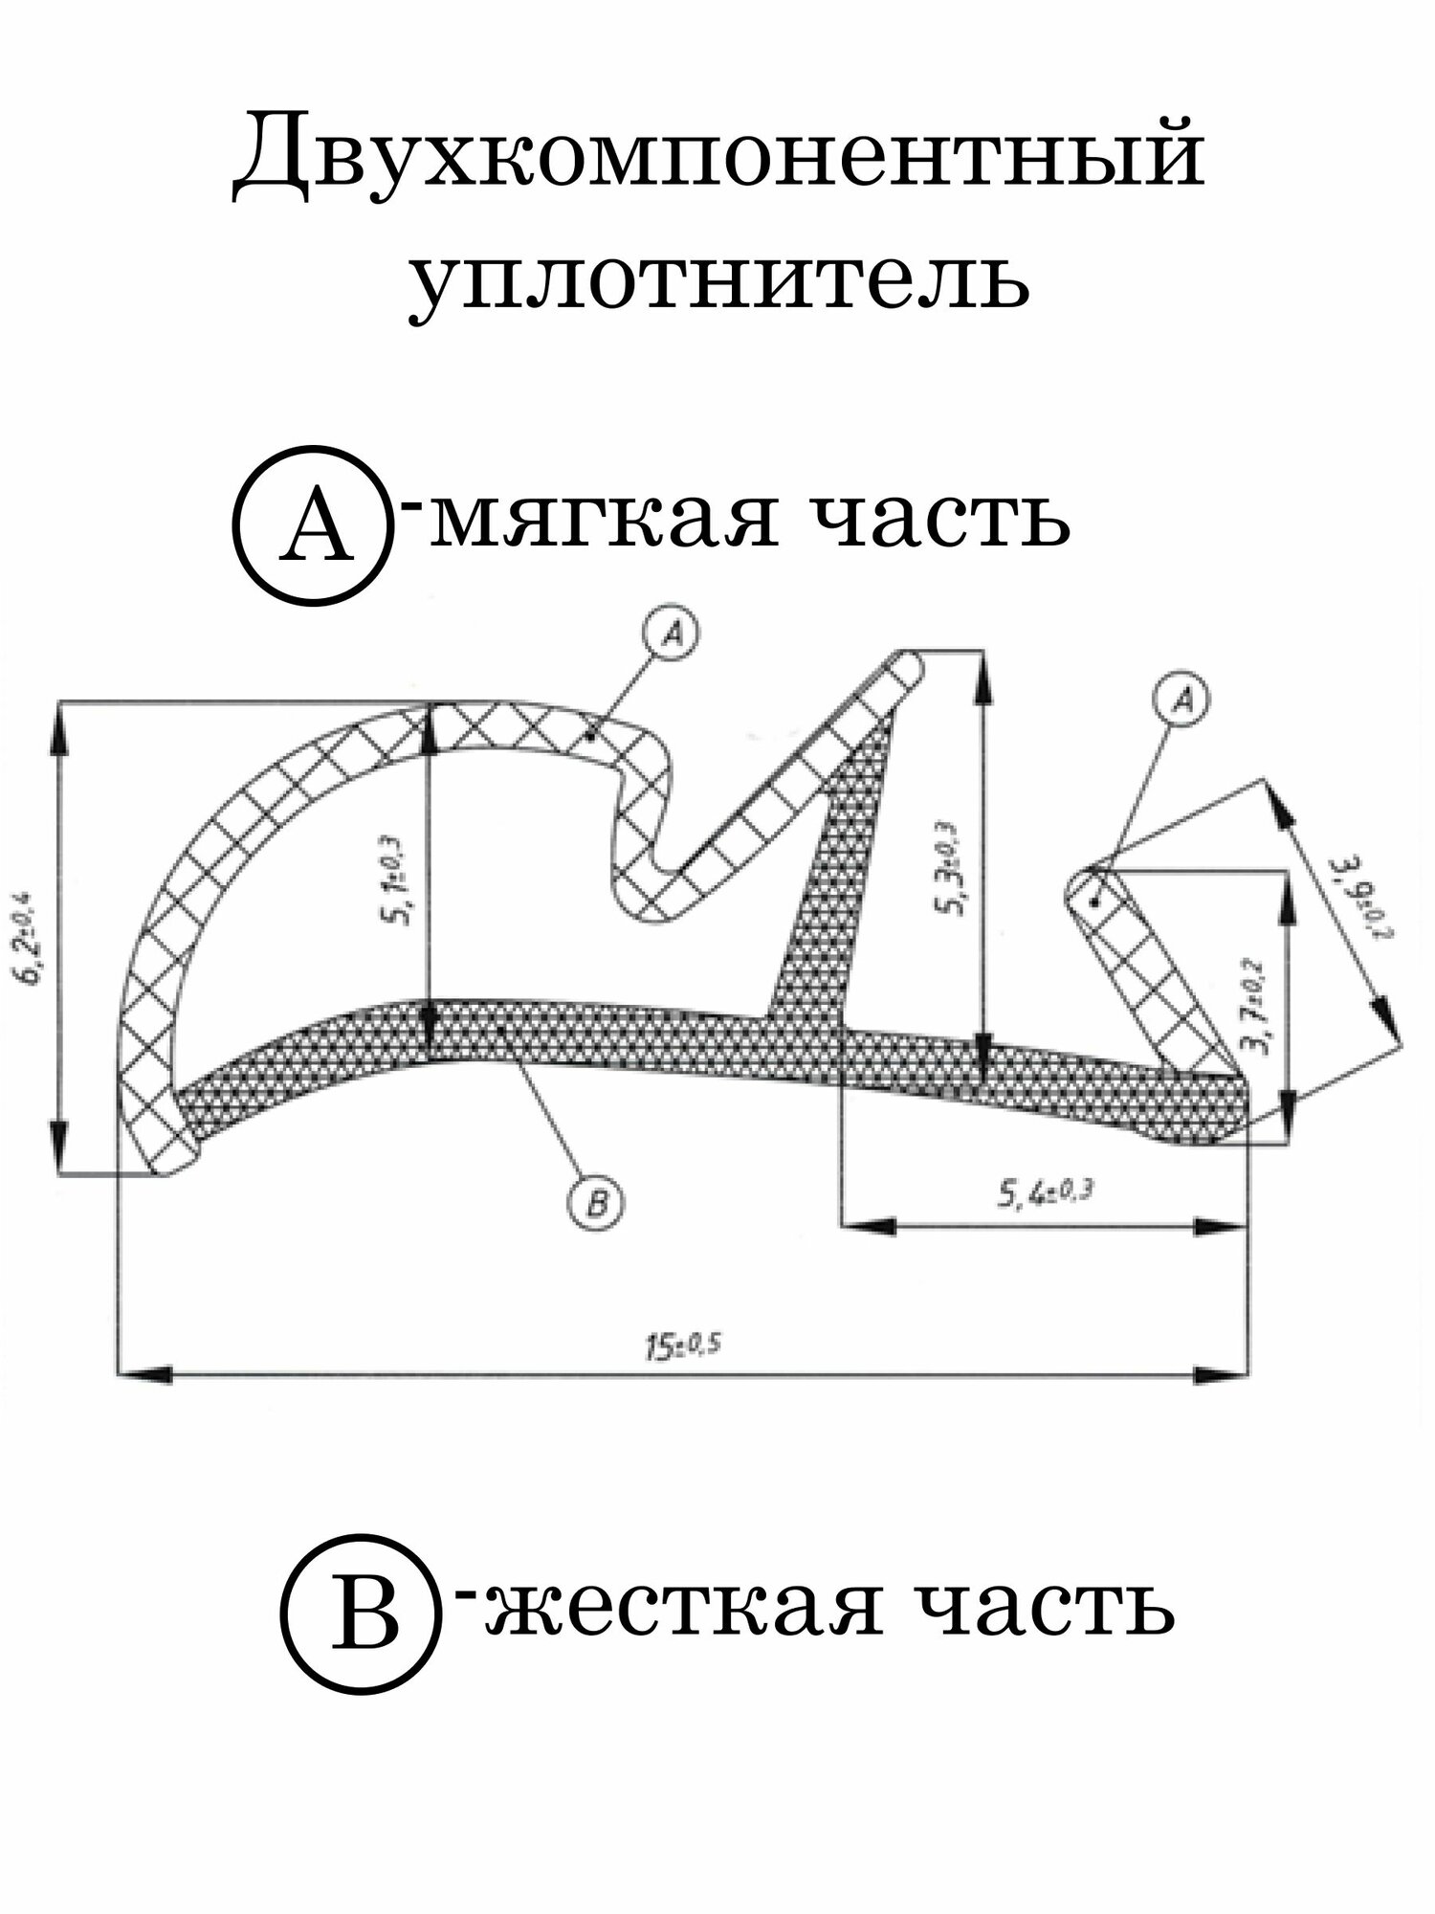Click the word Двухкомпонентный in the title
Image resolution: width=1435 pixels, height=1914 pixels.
717,158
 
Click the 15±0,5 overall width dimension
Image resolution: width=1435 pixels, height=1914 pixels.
680,1345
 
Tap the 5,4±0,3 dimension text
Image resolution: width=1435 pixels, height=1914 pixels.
1046,1193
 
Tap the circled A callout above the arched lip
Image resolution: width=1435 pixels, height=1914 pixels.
673,634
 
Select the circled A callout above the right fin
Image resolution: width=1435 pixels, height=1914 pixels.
1183,701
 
